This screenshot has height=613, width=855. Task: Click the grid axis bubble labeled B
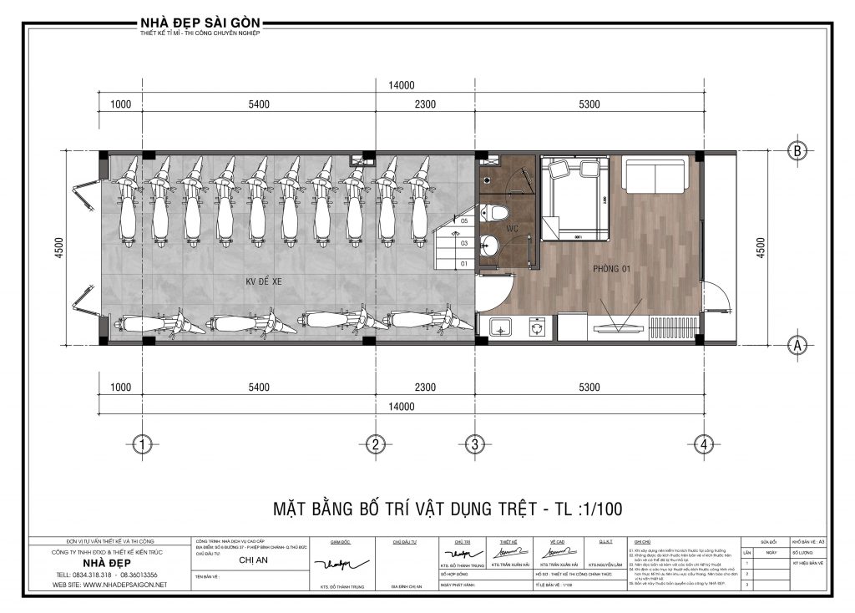(x=797, y=151)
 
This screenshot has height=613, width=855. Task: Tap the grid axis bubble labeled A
(x=797, y=343)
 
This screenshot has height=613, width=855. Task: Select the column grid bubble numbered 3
(x=474, y=444)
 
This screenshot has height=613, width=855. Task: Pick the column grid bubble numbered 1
(x=144, y=444)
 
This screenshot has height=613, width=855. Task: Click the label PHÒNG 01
(x=612, y=269)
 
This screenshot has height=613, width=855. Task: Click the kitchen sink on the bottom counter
(x=502, y=326)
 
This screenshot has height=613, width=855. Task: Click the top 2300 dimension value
(x=425, y=104)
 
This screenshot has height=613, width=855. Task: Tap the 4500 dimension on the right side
(x=759, y=247)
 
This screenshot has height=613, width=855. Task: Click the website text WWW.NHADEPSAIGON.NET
(x=110, y=585)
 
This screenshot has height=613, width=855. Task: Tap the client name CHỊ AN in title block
(x=252, y=562)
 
